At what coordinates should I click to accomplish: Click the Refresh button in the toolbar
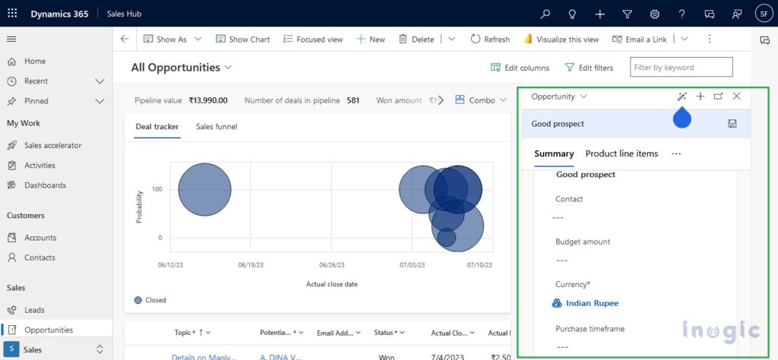(x=490, y=39)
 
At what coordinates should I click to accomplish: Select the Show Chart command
(x=242, y=39)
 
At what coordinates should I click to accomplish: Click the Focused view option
(x=313, y=39)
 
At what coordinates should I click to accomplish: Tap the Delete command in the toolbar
(x=416, y=39)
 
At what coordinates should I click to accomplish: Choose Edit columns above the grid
(x=520, y=68)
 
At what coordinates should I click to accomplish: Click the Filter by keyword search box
(x=681, y=68)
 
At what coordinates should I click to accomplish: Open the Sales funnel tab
(x=217, y=127)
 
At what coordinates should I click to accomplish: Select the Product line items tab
(x=621, y=153)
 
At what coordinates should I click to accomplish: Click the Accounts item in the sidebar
(x=40, y=238)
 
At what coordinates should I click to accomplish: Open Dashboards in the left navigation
(x=45, y=185)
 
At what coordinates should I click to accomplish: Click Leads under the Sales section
(x=34, y=310)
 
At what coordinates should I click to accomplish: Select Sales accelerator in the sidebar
(x=52, y=145)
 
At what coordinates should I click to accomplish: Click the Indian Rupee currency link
(x=592, y=303)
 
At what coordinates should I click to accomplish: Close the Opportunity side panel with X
(x=736, y=96)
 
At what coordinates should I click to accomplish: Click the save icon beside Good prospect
(x=732, y=124)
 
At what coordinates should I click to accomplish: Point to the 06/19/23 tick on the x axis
(x=251, y=265)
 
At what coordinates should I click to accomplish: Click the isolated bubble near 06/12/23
(x=204, y=190)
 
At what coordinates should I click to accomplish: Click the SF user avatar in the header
(x=763, y=14)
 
